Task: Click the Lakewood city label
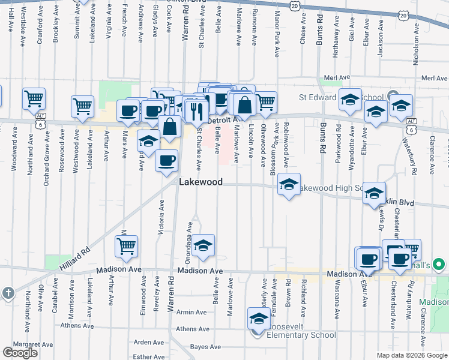click(x=200, y=182)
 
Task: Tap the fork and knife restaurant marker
click(x=196, y=110)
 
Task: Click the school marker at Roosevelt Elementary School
click(x=258, y=319)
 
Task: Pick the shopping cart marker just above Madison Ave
click(x=127, y=246)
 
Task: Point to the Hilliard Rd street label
click(x=74, y=257)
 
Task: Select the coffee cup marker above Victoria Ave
click(x=166, y=160)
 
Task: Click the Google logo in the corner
click(x=20, y=353)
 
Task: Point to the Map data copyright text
click(x=412, y=355)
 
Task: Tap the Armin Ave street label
click(x=191, y=312)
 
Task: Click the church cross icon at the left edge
click(x=7, y=293)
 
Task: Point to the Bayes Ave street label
click(x=205, y=347)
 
